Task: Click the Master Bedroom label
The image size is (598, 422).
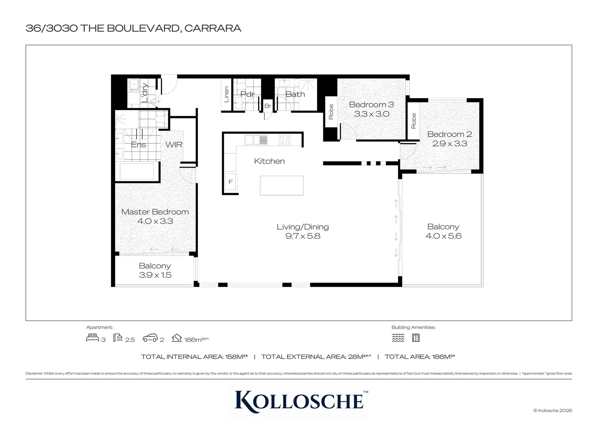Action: point(155,212)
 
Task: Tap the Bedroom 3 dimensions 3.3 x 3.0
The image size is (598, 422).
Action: point(372,114)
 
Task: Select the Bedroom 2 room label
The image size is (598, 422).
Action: point(449,134)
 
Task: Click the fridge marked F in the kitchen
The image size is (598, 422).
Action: point(230,182)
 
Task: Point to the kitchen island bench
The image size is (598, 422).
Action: point(282,186)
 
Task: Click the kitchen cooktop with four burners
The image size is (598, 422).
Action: point(285,140)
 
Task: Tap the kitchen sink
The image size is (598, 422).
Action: point(256,140)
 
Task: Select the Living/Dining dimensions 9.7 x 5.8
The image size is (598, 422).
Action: point(303,236)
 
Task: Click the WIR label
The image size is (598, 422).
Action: point(174,145)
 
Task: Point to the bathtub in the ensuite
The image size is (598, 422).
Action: point(137,172)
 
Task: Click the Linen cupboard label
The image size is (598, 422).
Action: point(226,95)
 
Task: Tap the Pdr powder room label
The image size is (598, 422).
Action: point(247,94)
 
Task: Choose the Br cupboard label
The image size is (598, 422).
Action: point(268,106)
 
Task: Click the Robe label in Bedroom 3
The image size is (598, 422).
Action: point(331,112)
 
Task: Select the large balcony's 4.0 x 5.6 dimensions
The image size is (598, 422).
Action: point(443,236)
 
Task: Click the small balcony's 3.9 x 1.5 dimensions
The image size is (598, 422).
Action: point(155,275)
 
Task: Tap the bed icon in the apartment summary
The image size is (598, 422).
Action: point(92,338)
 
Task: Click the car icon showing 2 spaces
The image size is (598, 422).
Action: point(150,338)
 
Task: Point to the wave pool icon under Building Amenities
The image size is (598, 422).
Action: point(398,338)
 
